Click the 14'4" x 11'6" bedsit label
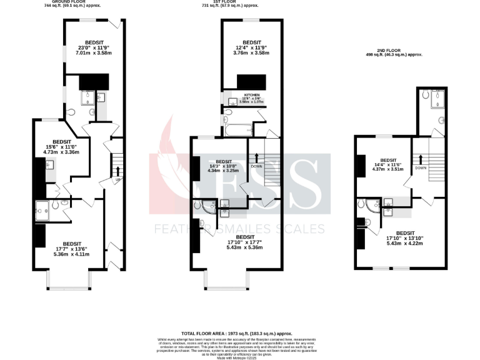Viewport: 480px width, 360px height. click(x=388, y=164)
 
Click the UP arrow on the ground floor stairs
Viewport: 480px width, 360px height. click(x=117, y=172)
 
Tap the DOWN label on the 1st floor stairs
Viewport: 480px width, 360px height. click(x=256, y=166)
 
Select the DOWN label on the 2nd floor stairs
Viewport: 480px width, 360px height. click(x=420, y=167)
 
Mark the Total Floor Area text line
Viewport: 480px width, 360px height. click(x=236, y=334)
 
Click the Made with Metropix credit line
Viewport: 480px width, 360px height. click(x=236, y=357)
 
